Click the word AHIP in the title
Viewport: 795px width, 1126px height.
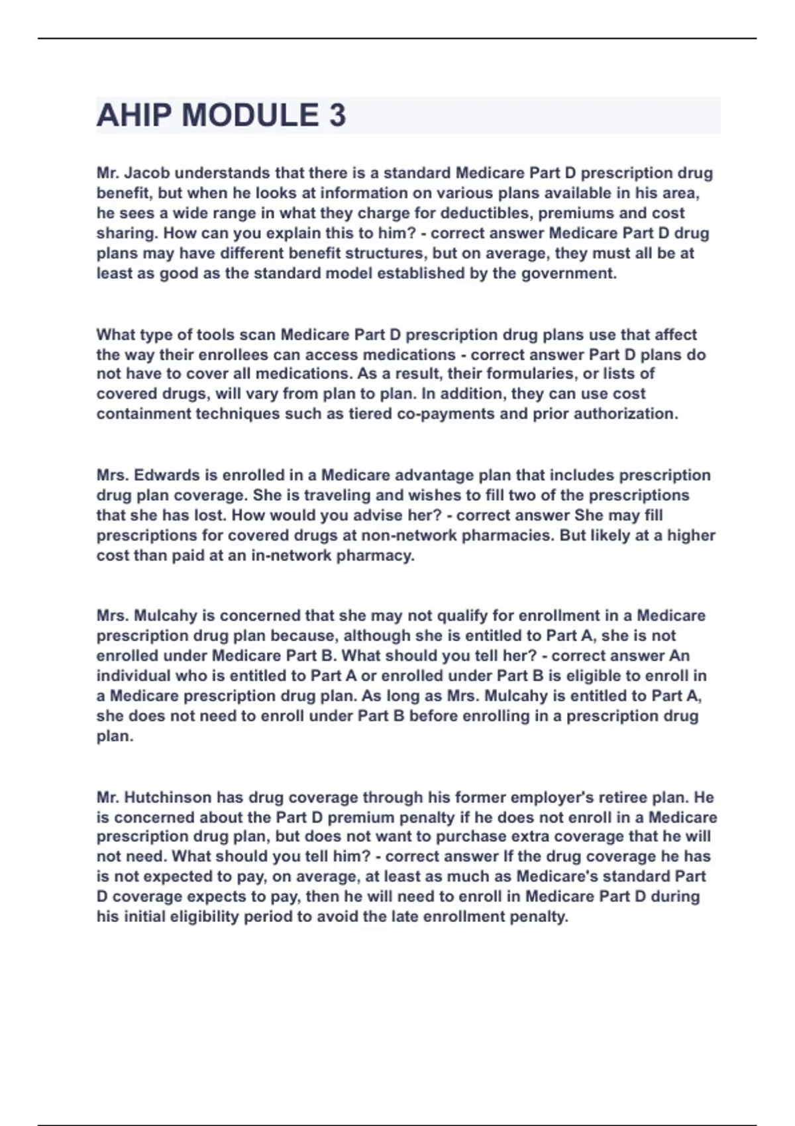[134, 115]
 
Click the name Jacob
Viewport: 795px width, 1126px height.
[147, 173]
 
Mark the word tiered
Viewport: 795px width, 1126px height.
[370, 414]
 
